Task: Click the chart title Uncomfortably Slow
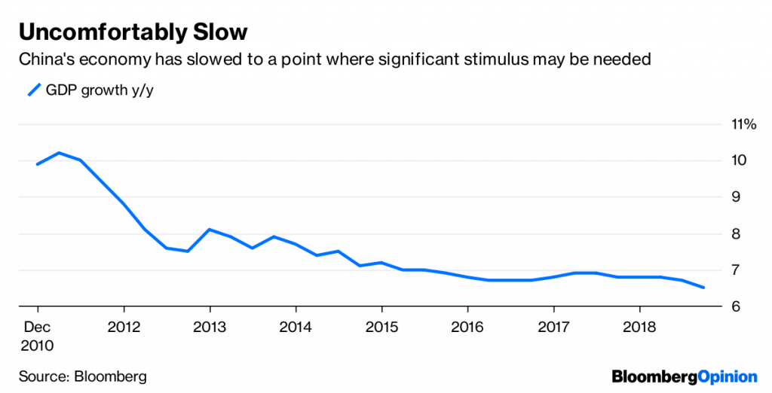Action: [133, 32]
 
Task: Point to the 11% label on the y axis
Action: [743, 124]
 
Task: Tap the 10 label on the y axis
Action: [738, 160]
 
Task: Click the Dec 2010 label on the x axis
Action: [38, 337]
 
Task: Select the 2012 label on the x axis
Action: [124, 327]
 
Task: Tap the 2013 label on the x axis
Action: [210, 327]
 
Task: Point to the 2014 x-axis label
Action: [296, 327]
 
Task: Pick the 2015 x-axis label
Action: [381, 327]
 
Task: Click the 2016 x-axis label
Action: [467, 327]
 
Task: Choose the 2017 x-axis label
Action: [553, 327]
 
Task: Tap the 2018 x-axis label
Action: [639, 327]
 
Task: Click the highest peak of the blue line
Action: [59, 153]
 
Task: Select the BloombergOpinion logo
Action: [684, 376]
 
